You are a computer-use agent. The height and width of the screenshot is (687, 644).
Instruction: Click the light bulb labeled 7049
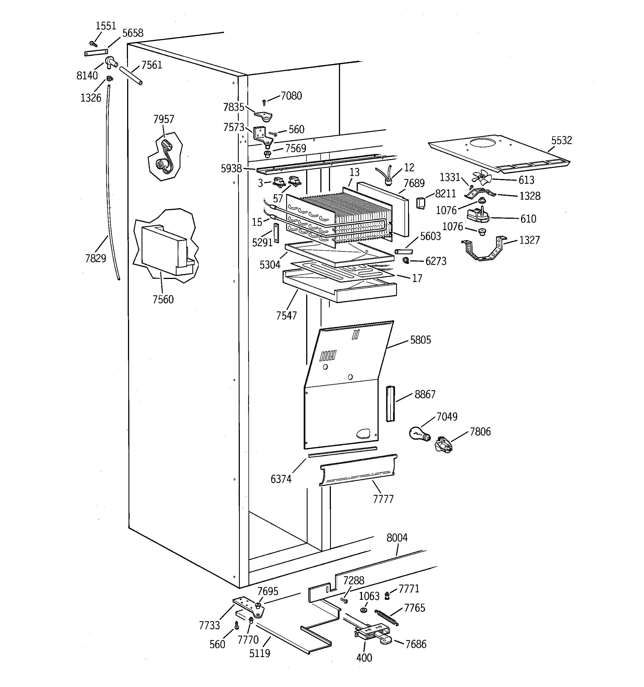[x=419, y=433]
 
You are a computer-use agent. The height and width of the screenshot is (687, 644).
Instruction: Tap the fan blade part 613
[x=482, y=178]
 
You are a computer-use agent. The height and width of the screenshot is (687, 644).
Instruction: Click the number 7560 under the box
[x=163, y=299]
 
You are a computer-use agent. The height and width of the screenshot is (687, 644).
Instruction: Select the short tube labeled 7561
[x=131, y=76]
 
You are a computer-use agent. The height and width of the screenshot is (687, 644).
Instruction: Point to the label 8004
[x=397, y=538]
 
